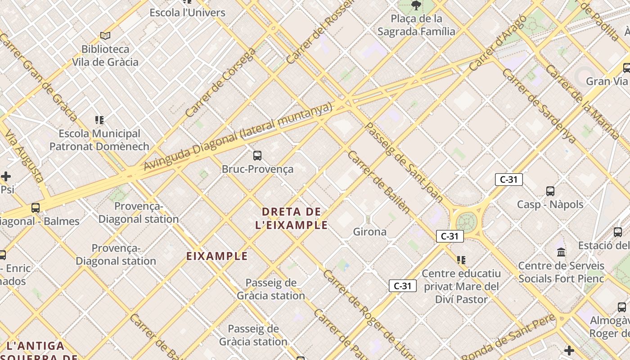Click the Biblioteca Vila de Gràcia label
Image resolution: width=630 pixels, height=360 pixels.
[x=105, y=55]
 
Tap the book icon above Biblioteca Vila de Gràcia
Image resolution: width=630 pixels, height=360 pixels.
[x=105, y=36]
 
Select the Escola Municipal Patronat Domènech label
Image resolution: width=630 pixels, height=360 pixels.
[x=99, y=140]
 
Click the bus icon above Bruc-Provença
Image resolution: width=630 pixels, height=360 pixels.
[x=257, y=156]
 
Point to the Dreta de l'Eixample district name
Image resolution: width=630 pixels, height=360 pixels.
[x=292, y=218]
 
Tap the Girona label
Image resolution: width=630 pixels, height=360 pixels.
[x=369, y=232]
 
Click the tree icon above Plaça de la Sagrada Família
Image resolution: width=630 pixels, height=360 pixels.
[x=416, y=6]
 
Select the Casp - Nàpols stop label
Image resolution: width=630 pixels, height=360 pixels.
[x=550, y=204]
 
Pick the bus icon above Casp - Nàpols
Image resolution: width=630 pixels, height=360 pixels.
[x=550, y=191]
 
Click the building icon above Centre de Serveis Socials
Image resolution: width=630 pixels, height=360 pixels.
[x=561, y=252]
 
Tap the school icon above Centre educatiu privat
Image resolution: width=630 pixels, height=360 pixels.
[x=461, y=260]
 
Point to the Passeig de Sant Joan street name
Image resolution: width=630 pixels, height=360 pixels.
[x=403, y=162]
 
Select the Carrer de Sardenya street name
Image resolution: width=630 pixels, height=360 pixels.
[x=539, y=106]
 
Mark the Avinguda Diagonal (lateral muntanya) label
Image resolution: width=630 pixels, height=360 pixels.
[x=238, y=137]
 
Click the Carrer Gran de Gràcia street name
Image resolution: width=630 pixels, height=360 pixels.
[x=39, y=76]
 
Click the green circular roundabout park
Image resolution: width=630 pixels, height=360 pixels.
[x=466, y=222]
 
